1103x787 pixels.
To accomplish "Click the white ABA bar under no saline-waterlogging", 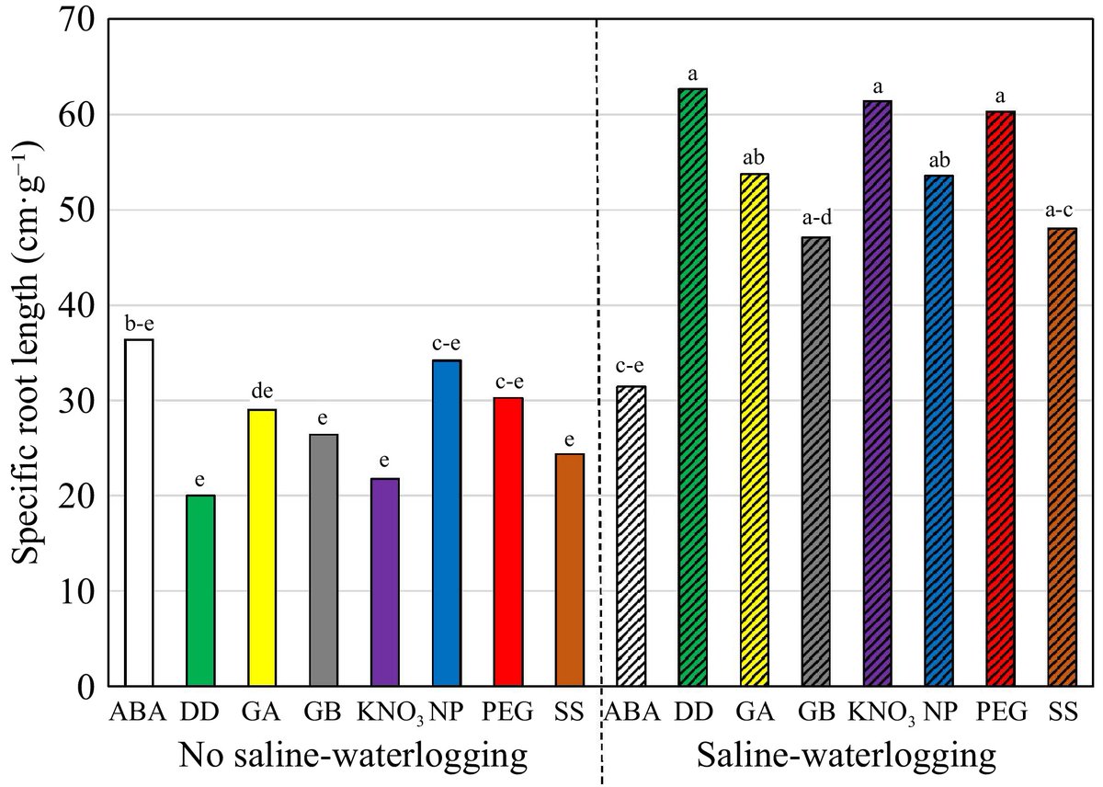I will click(x=139, y=513).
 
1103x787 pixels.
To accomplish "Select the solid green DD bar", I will click(x=200, y=591).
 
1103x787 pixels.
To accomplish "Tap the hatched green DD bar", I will click(x=693, y=387).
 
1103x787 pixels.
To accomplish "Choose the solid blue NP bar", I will click(x=447, y=523).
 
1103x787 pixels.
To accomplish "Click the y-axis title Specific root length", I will click(x=28, y=354).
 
